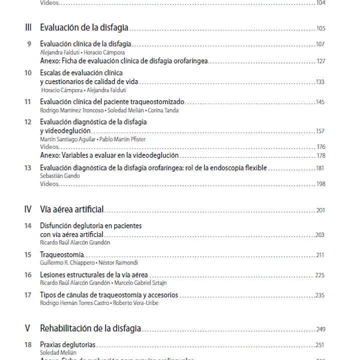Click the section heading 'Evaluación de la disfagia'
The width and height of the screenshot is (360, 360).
pyautogui.click(x=84, y=28)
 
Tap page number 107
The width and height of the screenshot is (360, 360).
pyautogui.click(x=320, y=45)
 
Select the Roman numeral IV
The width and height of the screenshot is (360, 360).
pyautogui.click(x=28, y=210)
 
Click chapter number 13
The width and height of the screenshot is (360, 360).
pyautogui.click(x=28, y=168)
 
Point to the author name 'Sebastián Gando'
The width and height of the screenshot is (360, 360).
pyautogui.click(x=60, y=176)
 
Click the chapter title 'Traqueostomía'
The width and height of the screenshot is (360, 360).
pyautogui.click(x=62, y=255)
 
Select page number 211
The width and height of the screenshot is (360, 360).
pyautogui.click(x=320, y=255)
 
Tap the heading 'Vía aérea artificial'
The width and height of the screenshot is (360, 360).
pyautogui.click(x=72, y=210)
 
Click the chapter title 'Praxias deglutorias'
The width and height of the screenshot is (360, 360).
pyautogui.click(x=68, y=344)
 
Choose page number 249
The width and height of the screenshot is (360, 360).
pyautogui.click(x=320, y=329)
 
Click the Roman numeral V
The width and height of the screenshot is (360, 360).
pyautogui.click(x=28, y=329)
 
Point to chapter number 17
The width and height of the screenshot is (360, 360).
pyautogui.click(x=28, y=295)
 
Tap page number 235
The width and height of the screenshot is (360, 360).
pyautogui.click(x=320, y=295)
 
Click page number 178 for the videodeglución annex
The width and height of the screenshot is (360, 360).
pyautogui.click(x=320, y=156)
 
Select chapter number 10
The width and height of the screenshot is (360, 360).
pyautogui.click(x=28, y=73)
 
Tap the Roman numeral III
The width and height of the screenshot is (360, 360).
pyautogui.click(x=28, y=28)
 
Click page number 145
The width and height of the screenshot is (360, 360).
pyautogui.click(x=320, y=102)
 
